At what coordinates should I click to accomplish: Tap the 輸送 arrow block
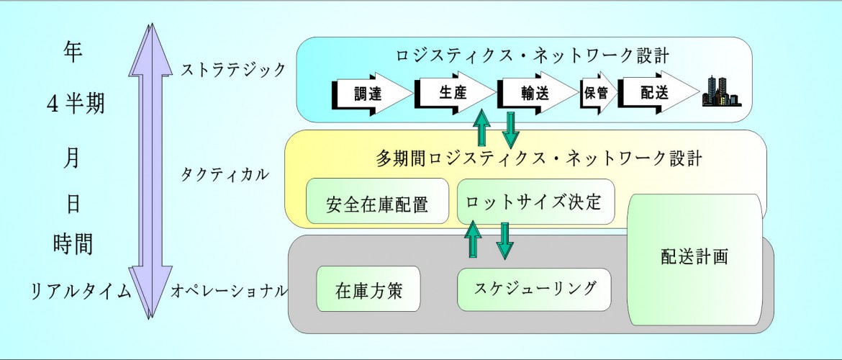coord(538,94)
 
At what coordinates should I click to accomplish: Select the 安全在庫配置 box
coord(377,201)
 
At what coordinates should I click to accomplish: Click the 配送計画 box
coord(695,259)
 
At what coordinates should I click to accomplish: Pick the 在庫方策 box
coord(368,289)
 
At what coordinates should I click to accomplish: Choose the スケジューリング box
coord(534,289)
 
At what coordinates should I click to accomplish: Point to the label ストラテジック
coord(234,70)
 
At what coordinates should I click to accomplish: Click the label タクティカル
coord(225,174)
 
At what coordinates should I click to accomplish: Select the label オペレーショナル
coord(230,291)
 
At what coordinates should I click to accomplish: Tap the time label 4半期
coord(76,104)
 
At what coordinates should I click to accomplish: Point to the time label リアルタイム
coord(81,291)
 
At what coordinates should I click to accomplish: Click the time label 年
coord(73,53)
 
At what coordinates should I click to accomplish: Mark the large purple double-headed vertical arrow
coord(151,171)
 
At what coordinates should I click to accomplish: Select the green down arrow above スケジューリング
coord(504,240)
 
